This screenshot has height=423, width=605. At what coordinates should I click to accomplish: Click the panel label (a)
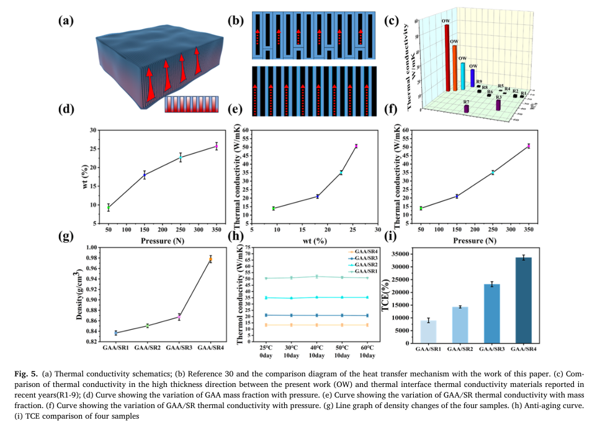[x=66, y=20]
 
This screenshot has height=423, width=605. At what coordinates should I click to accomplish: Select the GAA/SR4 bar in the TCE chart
[x=524, y=301]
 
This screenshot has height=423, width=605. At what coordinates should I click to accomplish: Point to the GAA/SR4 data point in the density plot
[x=210, y=259]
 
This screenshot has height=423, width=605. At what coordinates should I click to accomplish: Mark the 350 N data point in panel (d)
[x=217, y=146]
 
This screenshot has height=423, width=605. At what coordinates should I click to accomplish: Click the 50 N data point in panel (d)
[x=109, y=207]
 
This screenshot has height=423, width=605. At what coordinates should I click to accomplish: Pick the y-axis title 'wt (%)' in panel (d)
[x=86, y=177]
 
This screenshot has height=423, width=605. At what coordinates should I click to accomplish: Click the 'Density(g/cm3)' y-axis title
[x=79, y=294]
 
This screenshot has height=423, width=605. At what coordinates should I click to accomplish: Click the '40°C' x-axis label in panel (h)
[x=317, y=348]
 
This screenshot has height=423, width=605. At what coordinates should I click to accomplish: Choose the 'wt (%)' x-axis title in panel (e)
[x=314, y=240]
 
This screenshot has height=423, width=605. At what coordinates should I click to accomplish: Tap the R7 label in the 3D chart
[x=466, y=101]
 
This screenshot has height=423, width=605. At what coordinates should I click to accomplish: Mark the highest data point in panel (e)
[x=356, y=146]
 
